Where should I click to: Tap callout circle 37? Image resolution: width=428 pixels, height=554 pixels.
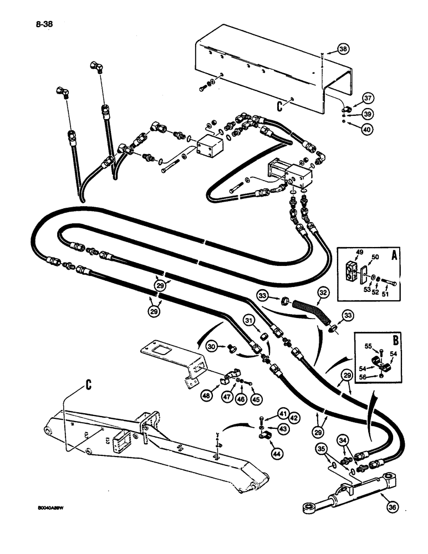[368, 99]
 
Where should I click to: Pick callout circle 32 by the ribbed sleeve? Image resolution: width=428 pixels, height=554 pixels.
[323, 290]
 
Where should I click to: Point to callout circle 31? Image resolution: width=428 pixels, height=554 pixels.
[249, 321]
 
